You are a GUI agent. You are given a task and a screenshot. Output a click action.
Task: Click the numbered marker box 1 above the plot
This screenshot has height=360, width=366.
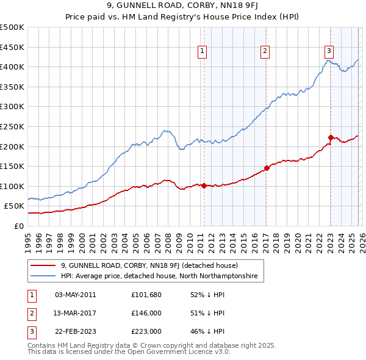(202, 51)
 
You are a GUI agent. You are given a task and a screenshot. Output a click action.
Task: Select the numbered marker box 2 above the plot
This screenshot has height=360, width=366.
(265, 51)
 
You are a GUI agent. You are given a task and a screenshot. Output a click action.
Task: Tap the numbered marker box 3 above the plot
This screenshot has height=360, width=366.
(329, 51)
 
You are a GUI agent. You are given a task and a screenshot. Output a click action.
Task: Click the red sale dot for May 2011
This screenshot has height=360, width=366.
(204, 185)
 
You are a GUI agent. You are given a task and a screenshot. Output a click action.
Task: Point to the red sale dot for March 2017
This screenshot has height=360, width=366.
(267, 168)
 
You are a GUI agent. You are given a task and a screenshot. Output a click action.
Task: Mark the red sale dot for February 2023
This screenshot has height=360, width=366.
(331, 137)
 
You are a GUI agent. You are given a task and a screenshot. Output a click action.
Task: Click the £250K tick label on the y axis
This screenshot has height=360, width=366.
(12, 126)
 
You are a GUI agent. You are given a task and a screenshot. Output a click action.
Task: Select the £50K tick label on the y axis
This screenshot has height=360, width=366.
(14, 206)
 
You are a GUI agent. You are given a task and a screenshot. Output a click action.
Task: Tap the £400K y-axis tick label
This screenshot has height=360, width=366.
(12, 67)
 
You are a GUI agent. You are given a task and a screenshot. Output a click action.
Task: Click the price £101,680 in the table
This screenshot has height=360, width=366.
(146, 295)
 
